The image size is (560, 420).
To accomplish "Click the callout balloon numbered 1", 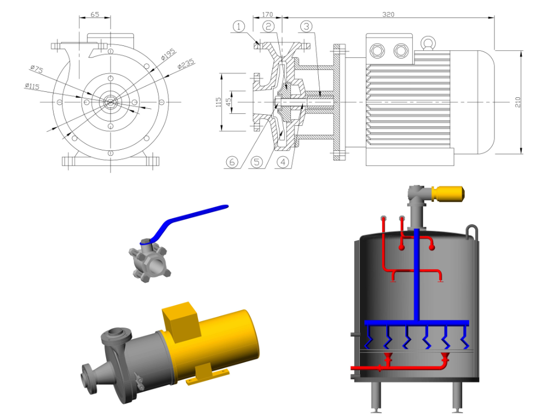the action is pos(239,26).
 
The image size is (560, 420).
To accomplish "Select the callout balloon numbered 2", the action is pos(268,26).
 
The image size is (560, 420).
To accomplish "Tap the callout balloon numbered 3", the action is pos(306,26).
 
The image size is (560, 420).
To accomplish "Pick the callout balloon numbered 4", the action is pos(283,162).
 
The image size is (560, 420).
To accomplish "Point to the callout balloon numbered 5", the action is pos(256,162).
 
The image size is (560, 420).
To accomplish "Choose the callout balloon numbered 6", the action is pos(232,162).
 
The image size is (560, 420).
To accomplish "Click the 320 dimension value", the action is pos(388,15).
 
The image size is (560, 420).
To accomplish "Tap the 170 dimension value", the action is pos(267,15).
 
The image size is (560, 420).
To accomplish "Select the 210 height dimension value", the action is pos(518,102).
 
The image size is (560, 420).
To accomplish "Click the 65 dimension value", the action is pos(95,15).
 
